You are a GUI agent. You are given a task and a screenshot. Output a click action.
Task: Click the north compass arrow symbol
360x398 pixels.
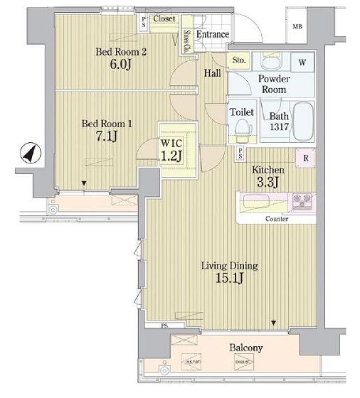[29, 153]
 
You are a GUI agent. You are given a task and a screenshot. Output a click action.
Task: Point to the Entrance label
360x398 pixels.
[212, 34]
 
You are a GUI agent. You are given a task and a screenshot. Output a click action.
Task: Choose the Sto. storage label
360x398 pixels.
[240, 61]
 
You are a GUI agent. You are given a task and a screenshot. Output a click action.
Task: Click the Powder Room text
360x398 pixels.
[272, 84]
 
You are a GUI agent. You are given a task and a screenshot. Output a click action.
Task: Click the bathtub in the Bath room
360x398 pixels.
[305, 123]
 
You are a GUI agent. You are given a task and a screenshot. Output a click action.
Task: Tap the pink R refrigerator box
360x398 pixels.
[305, 158]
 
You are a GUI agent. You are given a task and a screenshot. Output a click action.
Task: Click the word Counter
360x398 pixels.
[276, 219]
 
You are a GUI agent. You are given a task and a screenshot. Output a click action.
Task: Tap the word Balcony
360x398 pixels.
[245, 348]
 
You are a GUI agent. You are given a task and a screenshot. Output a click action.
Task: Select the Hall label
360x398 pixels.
[212, 73]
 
